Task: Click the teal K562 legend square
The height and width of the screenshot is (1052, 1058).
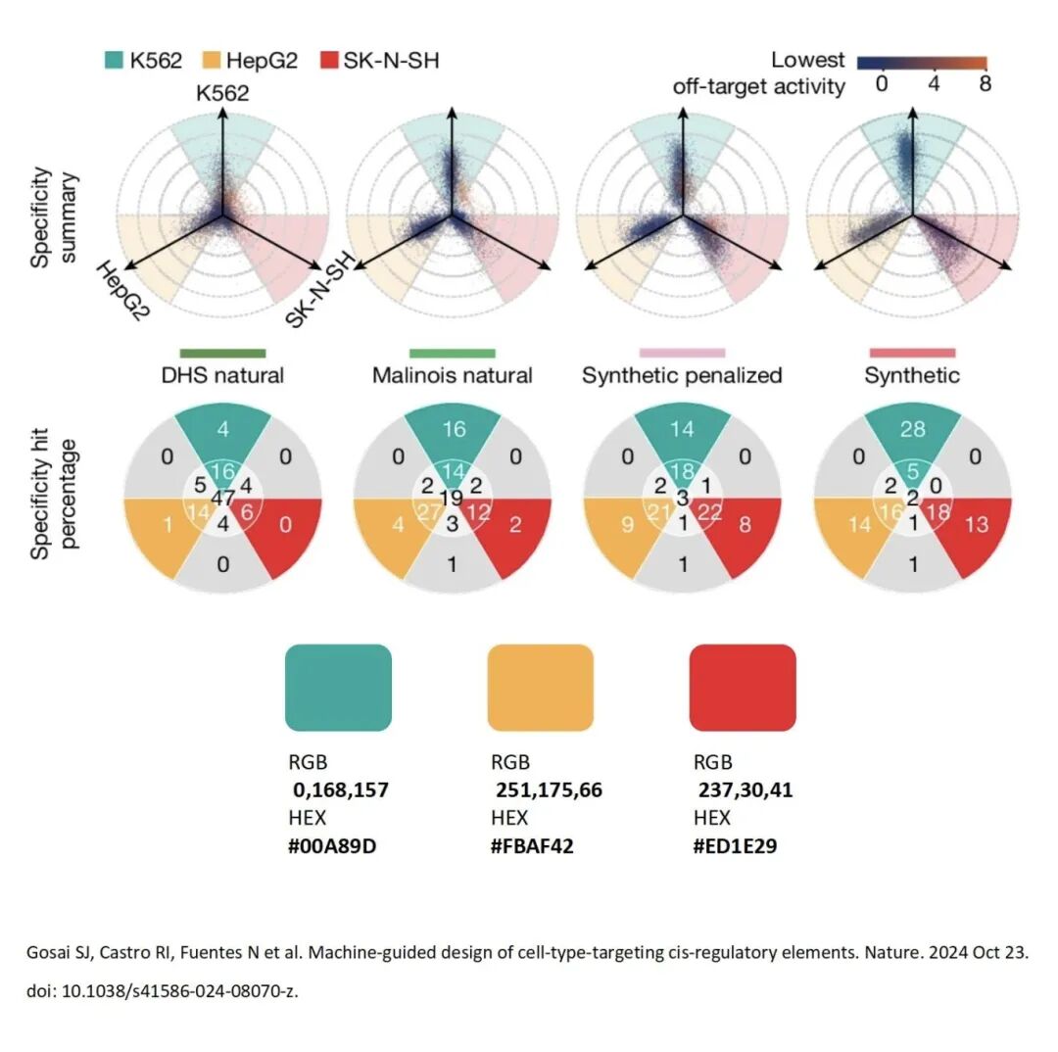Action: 114,61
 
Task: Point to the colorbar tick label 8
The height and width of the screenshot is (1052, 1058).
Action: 984,84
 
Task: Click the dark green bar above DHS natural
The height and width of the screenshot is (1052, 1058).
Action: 222,353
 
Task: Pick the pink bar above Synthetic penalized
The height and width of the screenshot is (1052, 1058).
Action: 682,353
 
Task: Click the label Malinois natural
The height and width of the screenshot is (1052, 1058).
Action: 452,375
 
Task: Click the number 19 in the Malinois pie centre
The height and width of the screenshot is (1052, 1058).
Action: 453,498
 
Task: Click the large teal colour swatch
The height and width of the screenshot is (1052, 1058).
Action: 338,688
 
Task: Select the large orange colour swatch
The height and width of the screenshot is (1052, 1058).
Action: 540,688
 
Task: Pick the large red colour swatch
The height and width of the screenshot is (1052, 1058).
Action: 743,688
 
